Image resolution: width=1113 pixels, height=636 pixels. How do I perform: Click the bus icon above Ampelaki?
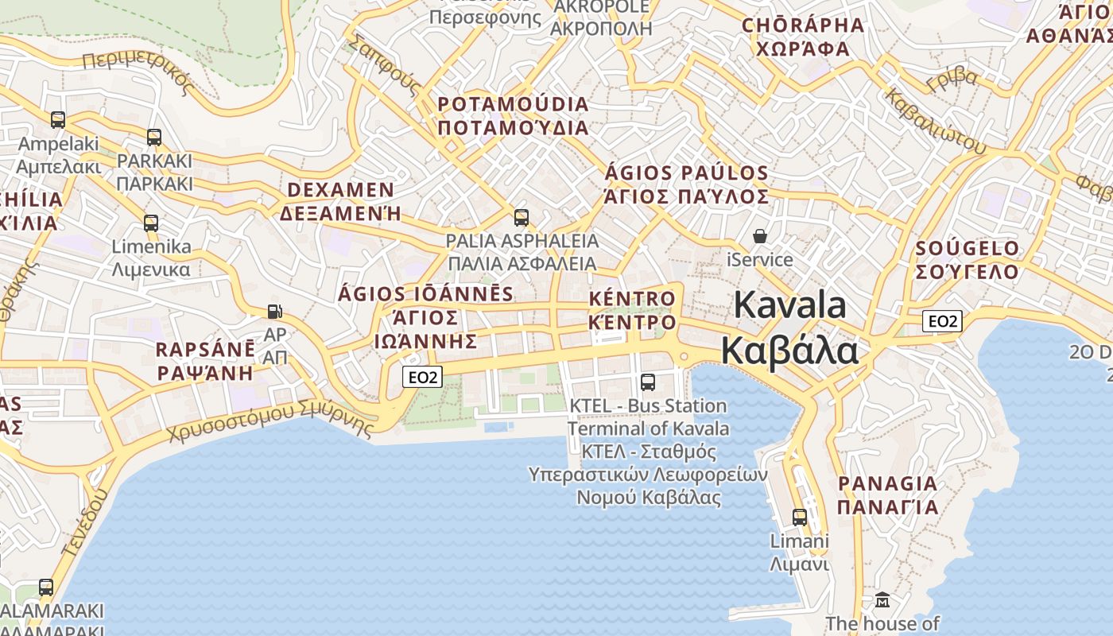click(58, 120)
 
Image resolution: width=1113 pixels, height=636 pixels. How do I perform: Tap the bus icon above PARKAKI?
click(154, 138)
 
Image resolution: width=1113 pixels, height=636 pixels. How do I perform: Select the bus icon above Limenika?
click(151, 223)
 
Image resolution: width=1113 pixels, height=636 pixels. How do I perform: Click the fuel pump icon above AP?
click(275, 311)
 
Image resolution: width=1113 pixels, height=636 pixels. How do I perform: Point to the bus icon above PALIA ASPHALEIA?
click(522, 217)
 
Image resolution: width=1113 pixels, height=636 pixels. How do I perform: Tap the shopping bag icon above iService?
click(760, 236)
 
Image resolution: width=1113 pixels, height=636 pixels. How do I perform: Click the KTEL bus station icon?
click(648, 382)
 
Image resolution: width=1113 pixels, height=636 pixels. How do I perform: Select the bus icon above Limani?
click(800, 518)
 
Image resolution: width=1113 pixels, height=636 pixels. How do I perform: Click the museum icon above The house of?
click(882, 599)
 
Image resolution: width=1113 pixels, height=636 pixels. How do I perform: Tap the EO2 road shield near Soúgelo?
click(943, 321)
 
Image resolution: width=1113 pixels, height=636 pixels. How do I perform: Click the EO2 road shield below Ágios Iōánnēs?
click(422, 377)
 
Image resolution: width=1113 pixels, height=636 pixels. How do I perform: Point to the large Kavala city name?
click(790, 328)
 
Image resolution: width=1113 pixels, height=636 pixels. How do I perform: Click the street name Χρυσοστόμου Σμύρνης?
click(270, 421)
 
